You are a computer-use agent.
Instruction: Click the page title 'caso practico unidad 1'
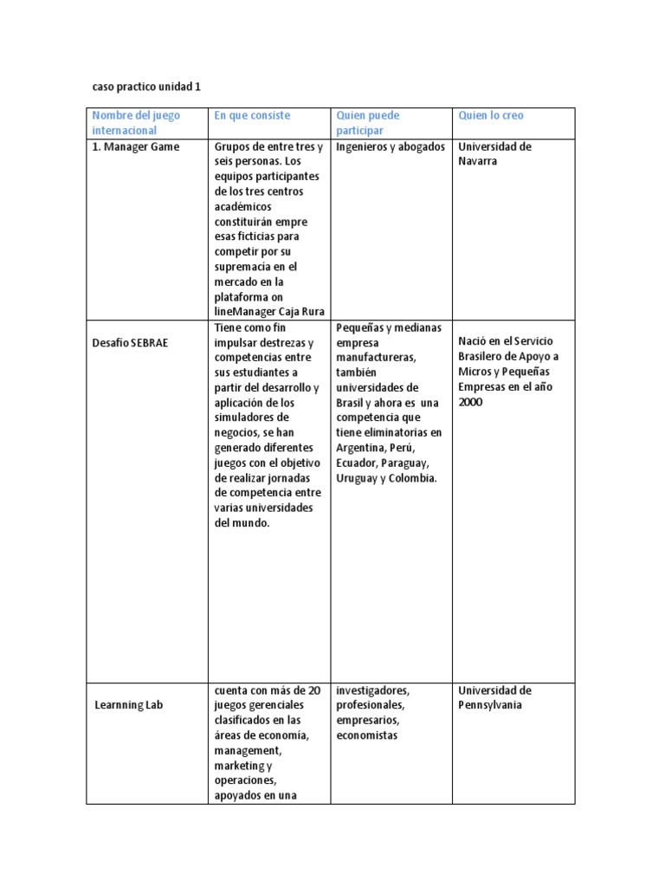(x=146, y=87)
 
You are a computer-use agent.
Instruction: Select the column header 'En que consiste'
(x=252, y=115)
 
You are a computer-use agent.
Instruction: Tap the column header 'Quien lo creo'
(x=490, y=115)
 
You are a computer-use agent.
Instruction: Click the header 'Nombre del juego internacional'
(x=125, y=122)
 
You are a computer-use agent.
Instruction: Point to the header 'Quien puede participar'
(x=368, y=122)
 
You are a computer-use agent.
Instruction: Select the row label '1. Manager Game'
(x=136, y=146)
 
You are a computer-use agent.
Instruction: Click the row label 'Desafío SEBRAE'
(x=130, y=343)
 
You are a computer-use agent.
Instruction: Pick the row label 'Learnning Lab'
(x=128, y=705)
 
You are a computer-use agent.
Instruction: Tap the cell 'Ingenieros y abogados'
(x=391, y=146)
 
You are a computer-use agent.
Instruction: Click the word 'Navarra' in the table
(x=478, y=162)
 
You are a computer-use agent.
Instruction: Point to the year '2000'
(x=470, y=403)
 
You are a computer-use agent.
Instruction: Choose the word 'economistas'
(x=367, y=735)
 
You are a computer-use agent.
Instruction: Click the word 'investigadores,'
(x=373, y=690)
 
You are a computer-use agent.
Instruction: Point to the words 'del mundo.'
(x=242, y=523)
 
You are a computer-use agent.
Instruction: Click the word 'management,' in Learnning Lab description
(x=248, y=750)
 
